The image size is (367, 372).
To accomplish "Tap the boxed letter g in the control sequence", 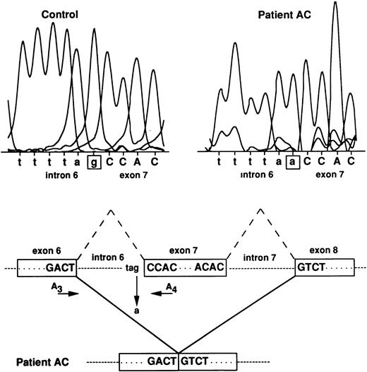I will tap(92, 161).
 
